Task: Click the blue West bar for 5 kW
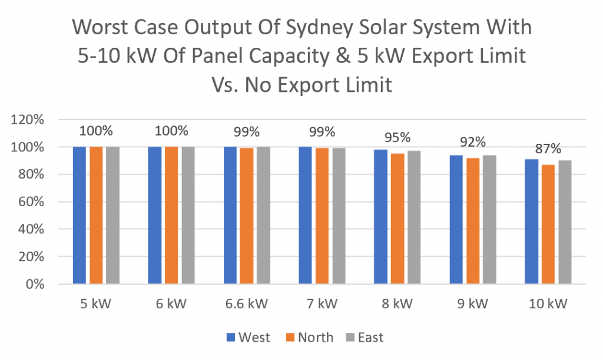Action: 79,216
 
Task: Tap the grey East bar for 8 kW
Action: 414,217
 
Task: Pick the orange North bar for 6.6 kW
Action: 247,216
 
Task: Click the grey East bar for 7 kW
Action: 339,216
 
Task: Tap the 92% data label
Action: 473,142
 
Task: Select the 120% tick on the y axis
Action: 28,120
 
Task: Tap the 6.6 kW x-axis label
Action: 247,305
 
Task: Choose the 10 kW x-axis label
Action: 548,305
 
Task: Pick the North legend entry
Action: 309,338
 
